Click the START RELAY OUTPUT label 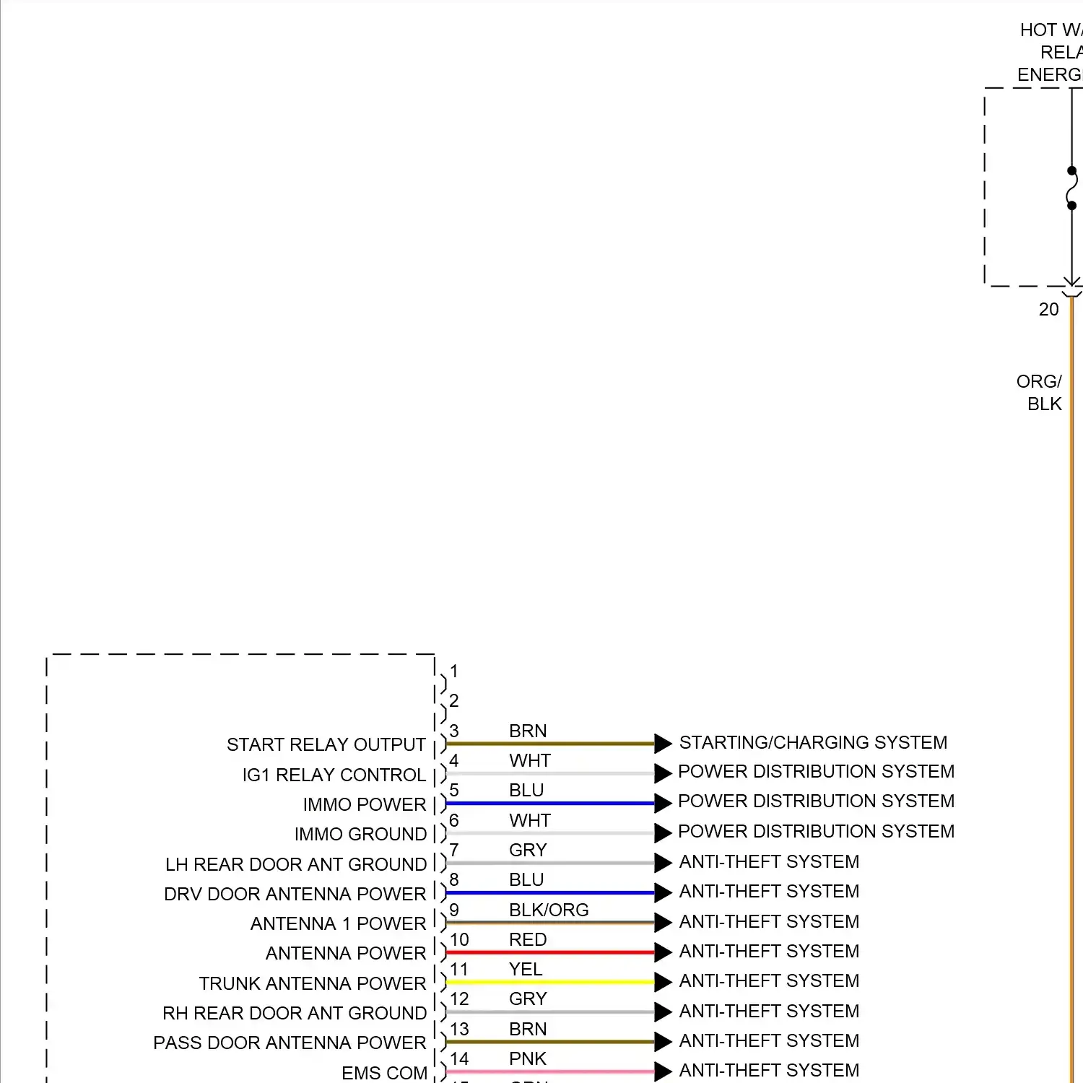pyautogui.click(x=326, y=744)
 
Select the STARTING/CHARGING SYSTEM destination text pyautogui.click(x=813, y=742)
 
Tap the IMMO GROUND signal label pyautogui.click(x=360, y=834)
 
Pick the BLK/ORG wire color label pyautogui.click(x=549, y=910)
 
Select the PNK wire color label pyautogui.click(x=528, y=1058)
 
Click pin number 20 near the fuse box pyautogui.click(x=1048, y=309)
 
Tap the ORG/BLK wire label pyautogui.click(x=1040, y=392)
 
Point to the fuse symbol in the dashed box pyautogui.click(x=1071, y=188)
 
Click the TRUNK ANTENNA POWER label pyautogui.click(x=312, y=983)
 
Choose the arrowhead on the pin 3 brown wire pyautogui.click(x=663, y=743)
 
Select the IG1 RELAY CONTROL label pyautogui.click(x=334, y=775)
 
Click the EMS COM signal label pyautogui.click(x=384, y=1073)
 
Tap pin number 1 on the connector pyautogui.click(x=453, y=671)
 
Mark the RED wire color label pyautogui.click(x=528, y=939)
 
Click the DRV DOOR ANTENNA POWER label pyautogui.click(x=295, y=894)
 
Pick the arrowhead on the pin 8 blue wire pyautogui.click(x=663, y=892)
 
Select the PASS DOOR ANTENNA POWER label pyautogui.click(x=290, y=1043)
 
